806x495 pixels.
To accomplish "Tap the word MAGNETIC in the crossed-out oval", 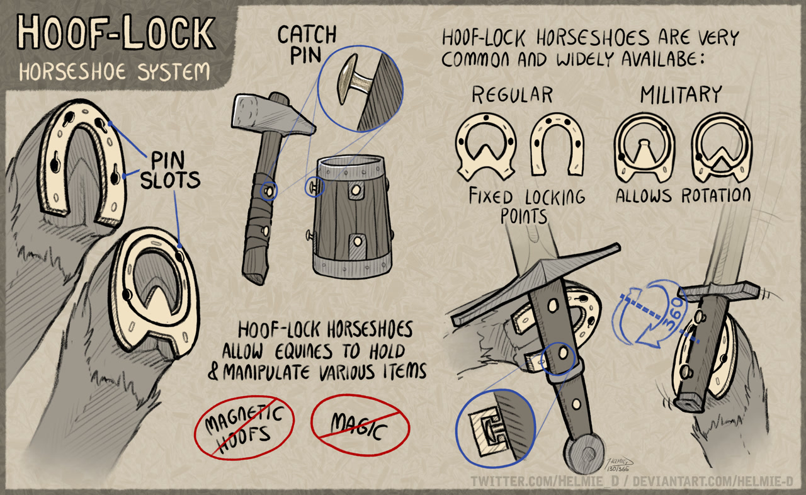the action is click(x=244, y=418).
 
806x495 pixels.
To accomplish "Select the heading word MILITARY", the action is click(x=681, y=94).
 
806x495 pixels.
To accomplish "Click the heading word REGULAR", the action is click(x=512, y=95).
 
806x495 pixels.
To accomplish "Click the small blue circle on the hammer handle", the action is click(x=269, y=191).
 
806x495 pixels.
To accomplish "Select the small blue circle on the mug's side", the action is click(x=315, y=187).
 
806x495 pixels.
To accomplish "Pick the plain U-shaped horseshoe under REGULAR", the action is click(x=557, y=144).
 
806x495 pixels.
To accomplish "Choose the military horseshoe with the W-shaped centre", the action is click(x=722, y=147).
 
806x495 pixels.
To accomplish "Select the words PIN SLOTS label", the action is click(x=170, y=170).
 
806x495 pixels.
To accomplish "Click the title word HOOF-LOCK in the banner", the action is click(x=116, y=32).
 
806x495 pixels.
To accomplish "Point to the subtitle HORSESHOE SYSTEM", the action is click(x=115, y=72).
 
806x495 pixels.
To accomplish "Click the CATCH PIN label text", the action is click(x=306, y=45).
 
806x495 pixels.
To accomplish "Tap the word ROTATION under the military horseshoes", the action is click(x=716, y=196).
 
